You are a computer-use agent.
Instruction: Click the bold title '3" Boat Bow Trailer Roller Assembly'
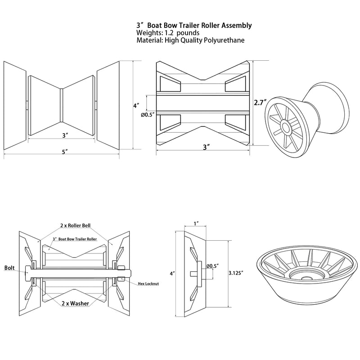pos(194,26)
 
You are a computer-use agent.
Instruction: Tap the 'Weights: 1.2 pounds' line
pos(168,33)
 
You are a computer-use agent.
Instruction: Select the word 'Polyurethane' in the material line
pos(224,40)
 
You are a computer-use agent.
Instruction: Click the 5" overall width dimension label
pos(65,152)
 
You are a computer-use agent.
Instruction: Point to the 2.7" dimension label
pos(261,103)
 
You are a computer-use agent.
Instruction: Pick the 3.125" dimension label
pos(236,273)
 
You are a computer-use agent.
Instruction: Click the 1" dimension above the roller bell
pos(196,223)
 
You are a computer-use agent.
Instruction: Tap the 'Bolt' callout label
pos(9,268)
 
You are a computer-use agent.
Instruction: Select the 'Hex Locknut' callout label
pos(148,284)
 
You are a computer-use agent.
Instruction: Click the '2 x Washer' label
pos(75,303)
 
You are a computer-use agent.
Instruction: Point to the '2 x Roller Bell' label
pos(75,225)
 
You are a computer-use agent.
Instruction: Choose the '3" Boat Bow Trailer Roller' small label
pos(75,239)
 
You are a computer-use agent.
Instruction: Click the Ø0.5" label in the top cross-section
pos(148,115)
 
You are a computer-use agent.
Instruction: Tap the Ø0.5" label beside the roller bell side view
pos(212,266)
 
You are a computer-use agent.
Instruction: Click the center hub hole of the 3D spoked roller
pos(286,127)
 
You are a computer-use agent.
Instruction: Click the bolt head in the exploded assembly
pos(27,273)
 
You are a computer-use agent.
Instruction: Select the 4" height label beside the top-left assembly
pos(136,106)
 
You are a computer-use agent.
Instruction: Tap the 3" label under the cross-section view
pos(207,147)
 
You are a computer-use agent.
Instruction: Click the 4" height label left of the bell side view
pos(172,274)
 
